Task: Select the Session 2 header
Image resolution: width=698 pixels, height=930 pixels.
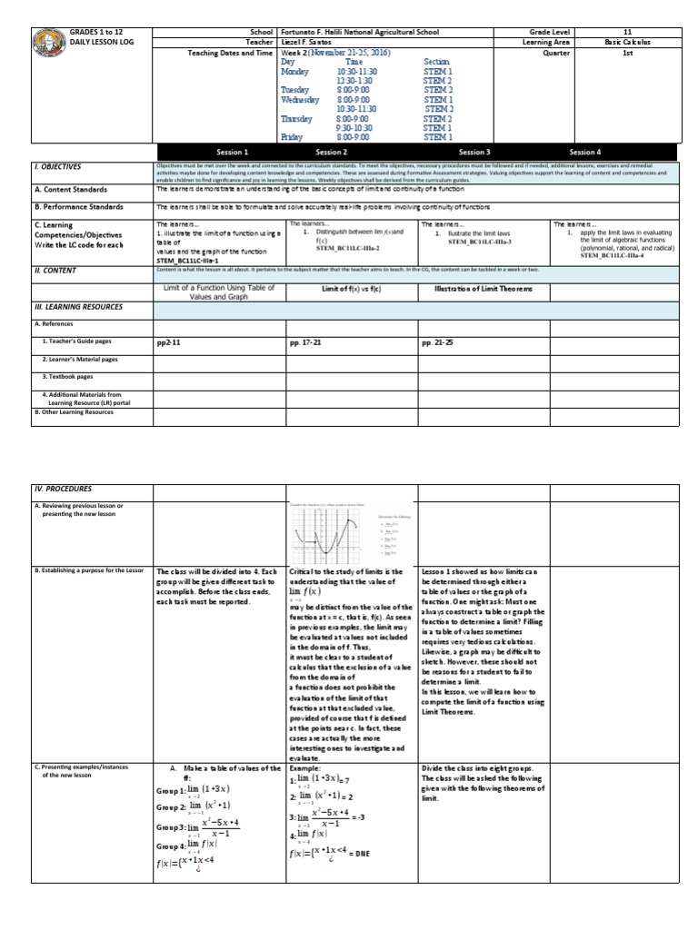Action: coord(331,153)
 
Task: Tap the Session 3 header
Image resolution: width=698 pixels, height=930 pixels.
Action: coord(474,153)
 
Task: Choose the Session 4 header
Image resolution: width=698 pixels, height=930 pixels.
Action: coord(584,153)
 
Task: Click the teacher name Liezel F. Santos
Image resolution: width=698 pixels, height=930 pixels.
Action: coord(310,42)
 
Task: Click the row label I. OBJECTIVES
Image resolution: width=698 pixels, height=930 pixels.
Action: coord(56,167)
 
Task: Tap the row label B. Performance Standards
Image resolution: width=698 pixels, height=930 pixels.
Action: coord(78,207)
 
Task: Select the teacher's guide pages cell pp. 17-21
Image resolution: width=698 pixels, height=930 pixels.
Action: coord(311,345)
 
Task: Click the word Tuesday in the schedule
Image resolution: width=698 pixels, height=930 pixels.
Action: coord(296,90)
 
